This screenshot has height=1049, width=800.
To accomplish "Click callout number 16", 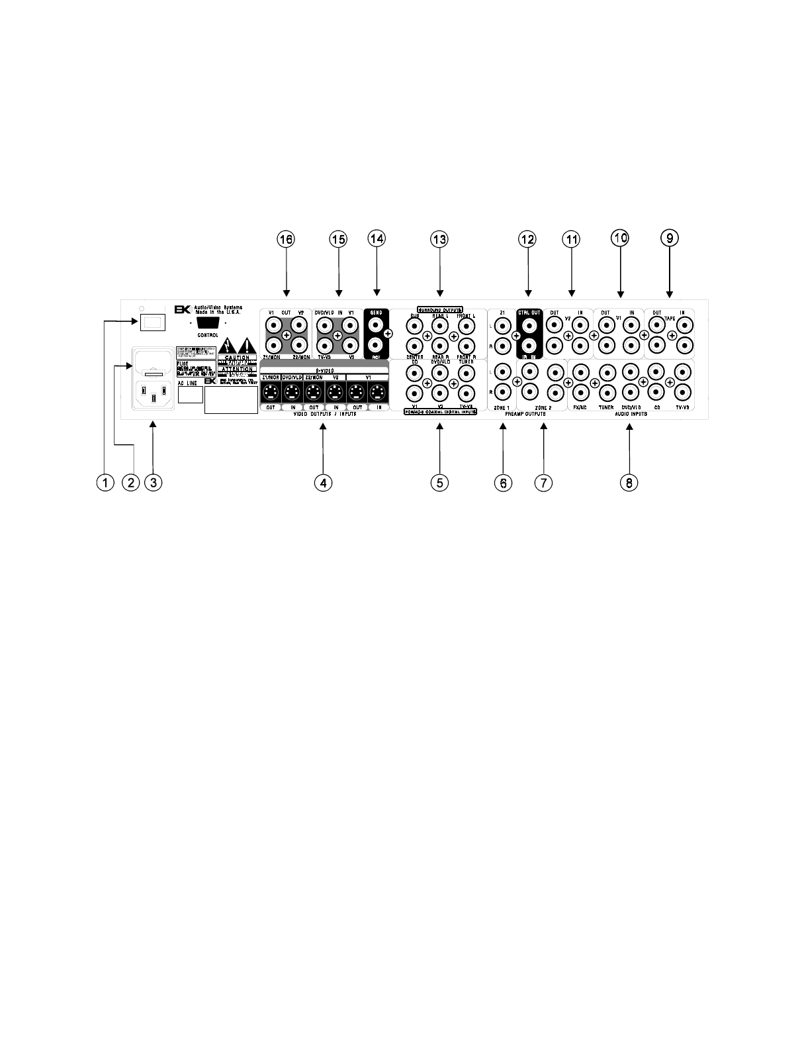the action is tap(287, 239).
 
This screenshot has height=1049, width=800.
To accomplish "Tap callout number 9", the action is tap(669, 238).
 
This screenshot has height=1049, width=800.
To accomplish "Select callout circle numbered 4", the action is tap(322, 483).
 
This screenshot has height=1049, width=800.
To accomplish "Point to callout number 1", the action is tap(104, 483).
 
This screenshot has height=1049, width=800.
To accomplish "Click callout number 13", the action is tap(439, 239).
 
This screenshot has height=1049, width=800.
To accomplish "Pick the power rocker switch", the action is tap(152, 323).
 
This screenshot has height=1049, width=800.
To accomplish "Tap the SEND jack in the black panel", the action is tap(376, 325).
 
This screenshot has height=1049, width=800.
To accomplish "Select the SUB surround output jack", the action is tap(415, 325).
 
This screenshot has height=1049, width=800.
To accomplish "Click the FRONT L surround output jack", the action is tap(466, 325).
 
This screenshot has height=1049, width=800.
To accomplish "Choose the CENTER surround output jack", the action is tap(415, 345).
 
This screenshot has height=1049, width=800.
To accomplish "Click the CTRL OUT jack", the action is tap(529, 325).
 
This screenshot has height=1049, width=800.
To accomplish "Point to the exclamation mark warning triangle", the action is tap(247, 345).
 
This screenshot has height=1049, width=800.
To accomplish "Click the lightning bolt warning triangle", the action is tap(228, 345).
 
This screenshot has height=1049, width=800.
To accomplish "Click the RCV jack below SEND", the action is tap(376, 345).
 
